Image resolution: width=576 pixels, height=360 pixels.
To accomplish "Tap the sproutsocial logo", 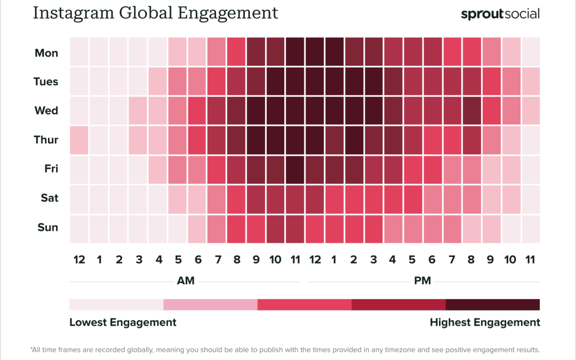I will point(500,14).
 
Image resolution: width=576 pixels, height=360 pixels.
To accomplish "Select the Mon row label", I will point(46,53).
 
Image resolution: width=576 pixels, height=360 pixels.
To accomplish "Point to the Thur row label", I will point(46,140).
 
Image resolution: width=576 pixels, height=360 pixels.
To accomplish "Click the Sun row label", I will point(47,227).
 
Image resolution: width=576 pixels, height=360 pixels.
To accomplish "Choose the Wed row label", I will point(46,111).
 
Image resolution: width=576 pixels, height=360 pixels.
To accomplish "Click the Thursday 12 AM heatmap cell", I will point(79,140).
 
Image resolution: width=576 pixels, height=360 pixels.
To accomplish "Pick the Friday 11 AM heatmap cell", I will point(295,169).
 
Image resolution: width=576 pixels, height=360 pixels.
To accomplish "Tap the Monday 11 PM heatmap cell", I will point(531,53).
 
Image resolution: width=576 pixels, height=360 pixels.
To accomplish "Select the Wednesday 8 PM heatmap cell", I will point(471,111).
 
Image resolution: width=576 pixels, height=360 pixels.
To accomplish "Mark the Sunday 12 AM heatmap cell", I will point(79,227).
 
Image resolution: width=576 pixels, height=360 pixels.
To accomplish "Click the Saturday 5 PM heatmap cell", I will point(412,198).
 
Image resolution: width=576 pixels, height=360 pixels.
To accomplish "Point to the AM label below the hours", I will point(185,281).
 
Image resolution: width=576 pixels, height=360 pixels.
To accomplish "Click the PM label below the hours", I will point(422,281).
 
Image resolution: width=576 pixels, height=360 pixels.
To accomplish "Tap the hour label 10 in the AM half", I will point(275,260).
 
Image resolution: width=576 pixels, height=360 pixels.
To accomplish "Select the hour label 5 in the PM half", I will point(412,260).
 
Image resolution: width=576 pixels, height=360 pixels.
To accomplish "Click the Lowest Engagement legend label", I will point(123,322).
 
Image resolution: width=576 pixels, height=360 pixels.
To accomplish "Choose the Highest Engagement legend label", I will point(485,322).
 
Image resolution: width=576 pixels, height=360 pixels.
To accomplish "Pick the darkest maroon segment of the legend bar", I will point(492,305).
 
